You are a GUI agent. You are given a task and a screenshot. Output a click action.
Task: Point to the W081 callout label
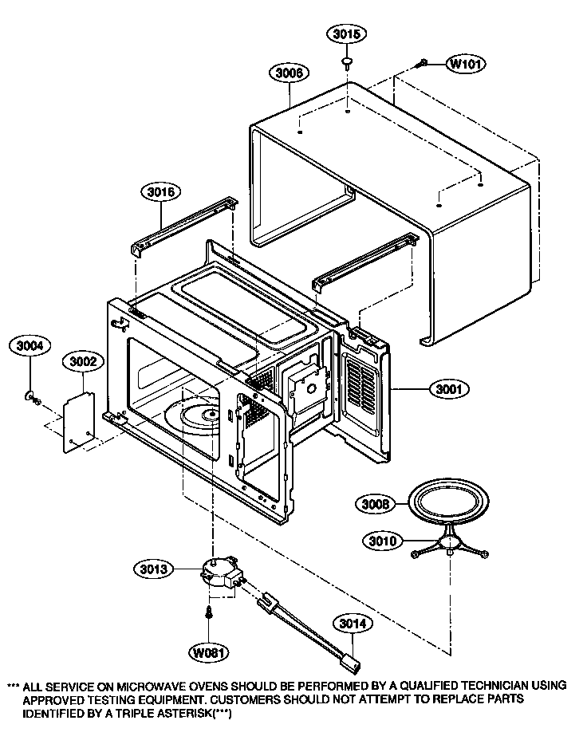coord(208,651)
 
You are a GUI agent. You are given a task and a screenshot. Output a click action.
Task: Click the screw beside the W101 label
coord(423,62)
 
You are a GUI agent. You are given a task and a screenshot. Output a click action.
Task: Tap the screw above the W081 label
coord(208,612)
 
